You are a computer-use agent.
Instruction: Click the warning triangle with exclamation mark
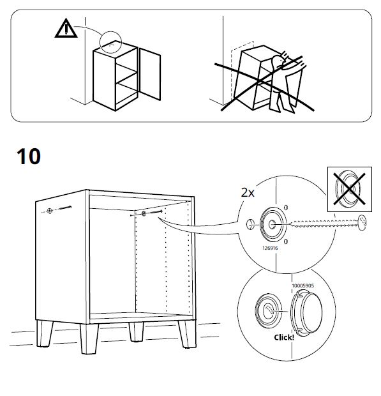click(64, 29)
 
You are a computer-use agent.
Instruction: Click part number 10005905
click(304, 278)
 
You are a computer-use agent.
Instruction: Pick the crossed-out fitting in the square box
click(348, 190)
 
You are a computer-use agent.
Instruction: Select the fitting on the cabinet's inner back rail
click(145, 214)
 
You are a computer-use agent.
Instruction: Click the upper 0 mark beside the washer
click(285, 208)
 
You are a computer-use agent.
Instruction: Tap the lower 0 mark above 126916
click(285, 241)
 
